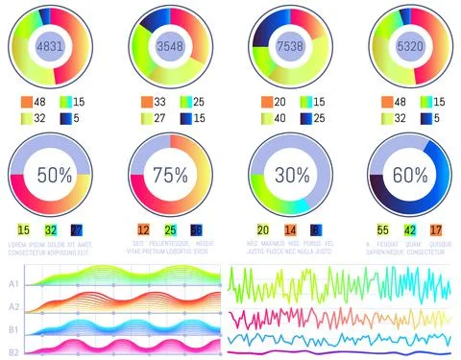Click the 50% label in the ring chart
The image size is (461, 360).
point(55,175)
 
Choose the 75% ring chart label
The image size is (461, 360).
point(170,175)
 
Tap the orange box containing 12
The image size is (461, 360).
point(143,230)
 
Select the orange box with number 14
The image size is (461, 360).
point(290,230)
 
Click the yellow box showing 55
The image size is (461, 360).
point(382,230)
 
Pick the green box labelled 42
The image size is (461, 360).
point(409,230)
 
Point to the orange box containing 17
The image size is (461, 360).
point(435,230)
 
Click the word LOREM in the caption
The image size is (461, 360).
point(16,245)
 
